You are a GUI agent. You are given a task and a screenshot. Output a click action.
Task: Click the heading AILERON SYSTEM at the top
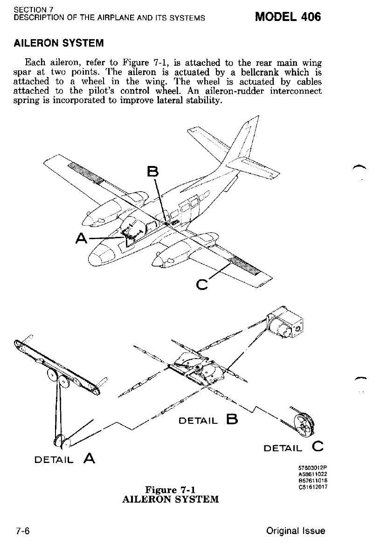(58, 43)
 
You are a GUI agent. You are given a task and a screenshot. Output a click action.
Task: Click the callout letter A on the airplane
(83, 239)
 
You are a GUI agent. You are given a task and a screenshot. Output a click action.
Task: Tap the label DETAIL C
(293, 448)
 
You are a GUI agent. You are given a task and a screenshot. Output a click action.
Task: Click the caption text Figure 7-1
(170, 490)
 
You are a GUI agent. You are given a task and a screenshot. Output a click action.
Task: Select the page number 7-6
(23, 531)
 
